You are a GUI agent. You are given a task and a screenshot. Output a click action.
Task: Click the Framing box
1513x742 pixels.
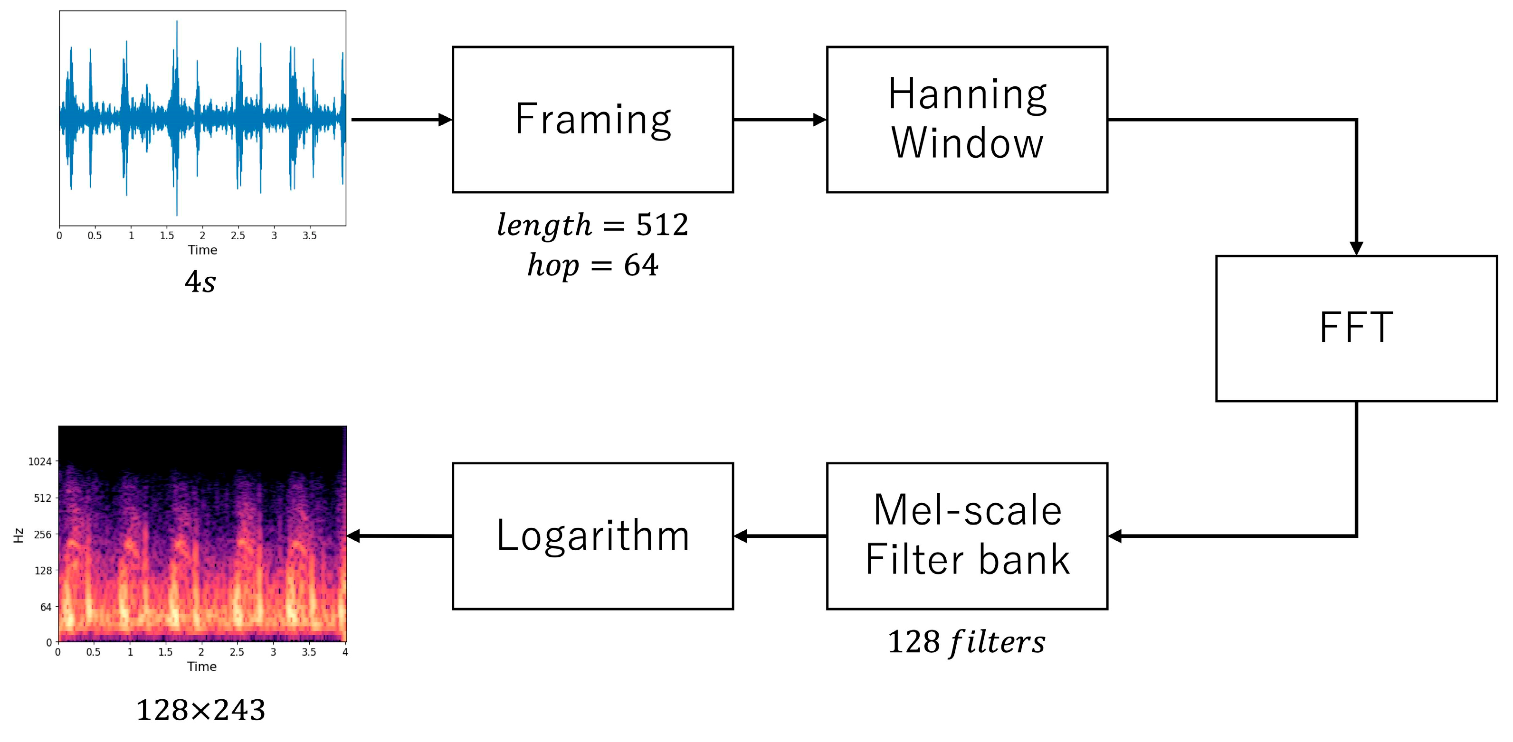pyautogui.click(x=593, y=119)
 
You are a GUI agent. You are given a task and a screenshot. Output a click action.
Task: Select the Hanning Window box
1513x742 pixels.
pyautogui.click(x=967, y=119)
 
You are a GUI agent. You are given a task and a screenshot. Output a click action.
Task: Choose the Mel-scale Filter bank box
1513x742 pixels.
pyautogui.click(x=967, y=535)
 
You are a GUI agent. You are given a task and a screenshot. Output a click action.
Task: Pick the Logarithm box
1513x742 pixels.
pyautogui.click(x=593, y=535)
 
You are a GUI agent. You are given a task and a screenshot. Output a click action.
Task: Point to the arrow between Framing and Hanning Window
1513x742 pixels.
pyautogui.click(x=780, y=120)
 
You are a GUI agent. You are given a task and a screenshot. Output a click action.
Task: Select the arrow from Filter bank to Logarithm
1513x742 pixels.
pyautogui.click(x=780, y=535)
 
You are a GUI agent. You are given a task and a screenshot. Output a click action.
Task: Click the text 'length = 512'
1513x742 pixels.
pyautogui.click(x=593, y=225)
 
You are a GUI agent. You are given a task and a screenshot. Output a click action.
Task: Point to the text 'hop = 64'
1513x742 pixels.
pyautogui.click(x=593, y=265)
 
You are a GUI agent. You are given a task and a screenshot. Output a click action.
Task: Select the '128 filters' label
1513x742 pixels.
pyautogui.click(x=966, y=642)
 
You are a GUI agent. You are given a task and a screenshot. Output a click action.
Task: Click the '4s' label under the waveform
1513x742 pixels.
pyautogui.click(x=200, y=282)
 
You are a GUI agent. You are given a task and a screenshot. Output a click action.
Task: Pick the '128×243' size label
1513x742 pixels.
pyautogui.click(x=200, y=710)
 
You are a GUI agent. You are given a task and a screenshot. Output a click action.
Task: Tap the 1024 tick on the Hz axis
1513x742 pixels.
pyautogui.click(x=40, y=461)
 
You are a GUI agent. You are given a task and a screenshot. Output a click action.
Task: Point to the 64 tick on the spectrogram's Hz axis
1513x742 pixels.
pyautogui.click(x=46, y=607)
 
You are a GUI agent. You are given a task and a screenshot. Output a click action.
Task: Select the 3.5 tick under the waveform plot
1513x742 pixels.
pyautogui.click(x=310, y=235)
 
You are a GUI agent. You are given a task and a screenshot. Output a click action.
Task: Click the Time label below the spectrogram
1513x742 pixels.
pyautogui.click(x=201, y=666)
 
